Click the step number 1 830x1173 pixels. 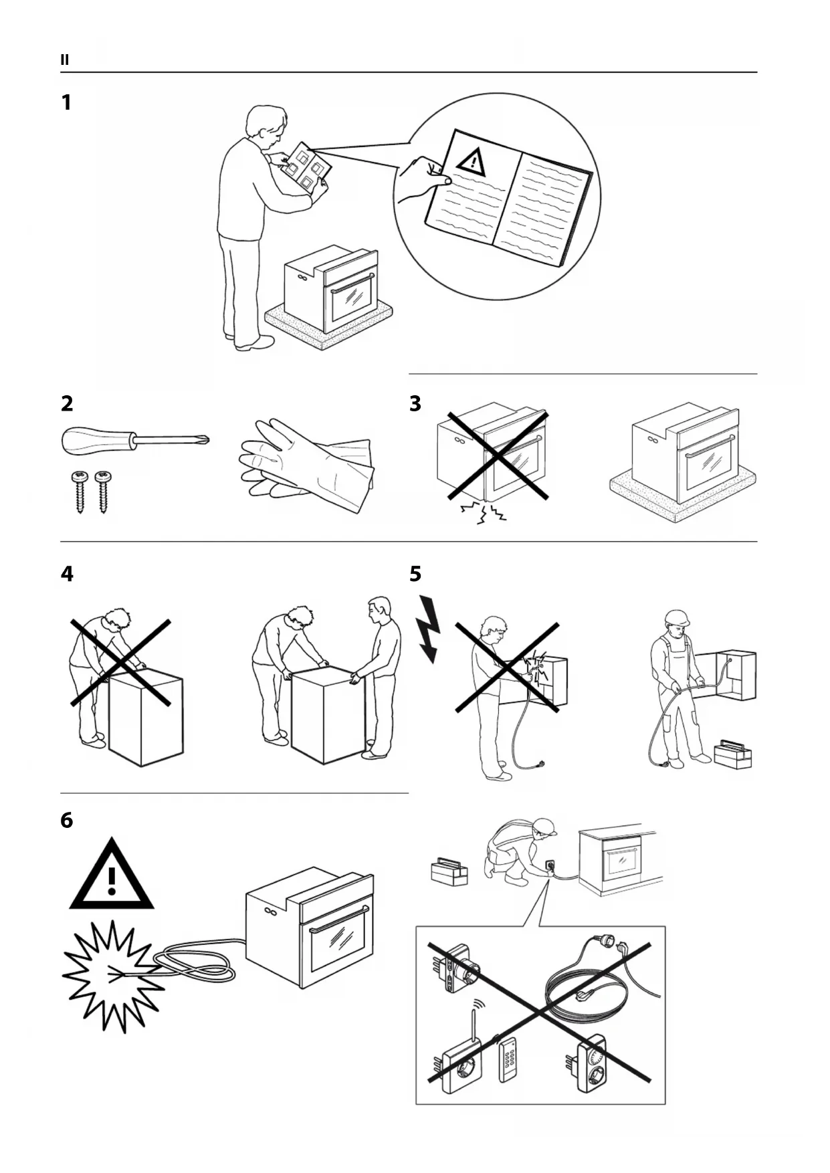pos(66,103)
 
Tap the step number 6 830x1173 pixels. pos(66,821)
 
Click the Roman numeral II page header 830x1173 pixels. pos(65,60)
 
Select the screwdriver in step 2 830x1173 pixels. pos(134,440)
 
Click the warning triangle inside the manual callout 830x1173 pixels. pos(472,161)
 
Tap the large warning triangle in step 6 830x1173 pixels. pos(112,878)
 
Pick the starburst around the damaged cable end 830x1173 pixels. pos(112,976)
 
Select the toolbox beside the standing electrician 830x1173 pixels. pos(733,754)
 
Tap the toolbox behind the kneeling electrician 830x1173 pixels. pos(449,872)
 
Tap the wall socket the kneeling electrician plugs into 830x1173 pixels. pos(550,865)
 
